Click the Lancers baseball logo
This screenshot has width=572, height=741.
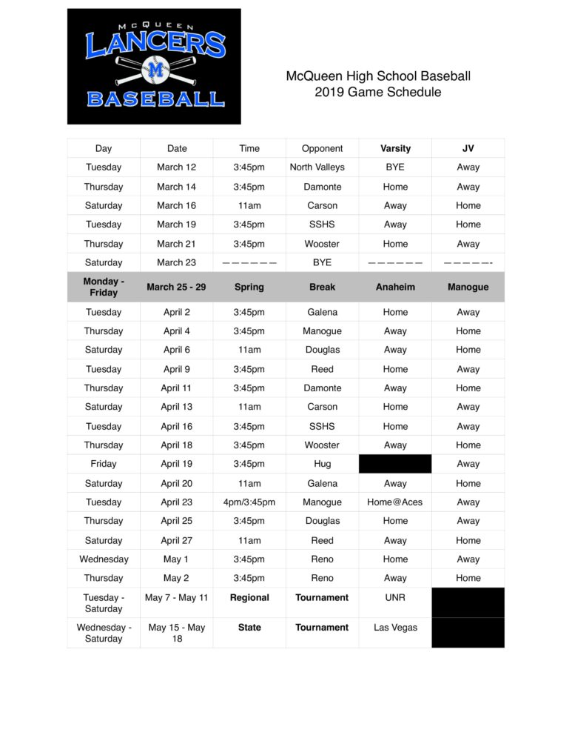click(154, 67)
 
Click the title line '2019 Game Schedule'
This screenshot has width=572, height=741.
click(377, 93)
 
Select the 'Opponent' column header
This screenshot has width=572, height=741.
click(322, 148)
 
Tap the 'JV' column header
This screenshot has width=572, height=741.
click(468, 148)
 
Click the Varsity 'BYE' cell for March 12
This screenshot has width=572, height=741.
click(395, 167)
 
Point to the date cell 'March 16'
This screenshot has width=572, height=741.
click(176, 205)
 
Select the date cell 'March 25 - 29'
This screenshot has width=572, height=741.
click(176, 287)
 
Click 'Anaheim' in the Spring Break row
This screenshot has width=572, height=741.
click(395, 287)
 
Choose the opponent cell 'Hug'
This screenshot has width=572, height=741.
click(322, 464)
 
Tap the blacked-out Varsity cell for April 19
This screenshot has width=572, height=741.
click(395, 464)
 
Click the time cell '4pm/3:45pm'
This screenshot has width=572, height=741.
click(249, 502)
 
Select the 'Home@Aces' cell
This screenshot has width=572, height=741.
click(395, 502)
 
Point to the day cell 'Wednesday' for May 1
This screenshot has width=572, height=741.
click(104, 559)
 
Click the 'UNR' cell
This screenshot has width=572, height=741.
click(395, 597)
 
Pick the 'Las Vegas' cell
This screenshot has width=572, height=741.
click(395, 628)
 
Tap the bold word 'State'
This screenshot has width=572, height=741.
click(249, 628)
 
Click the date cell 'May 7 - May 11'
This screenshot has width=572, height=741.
click(176, 597)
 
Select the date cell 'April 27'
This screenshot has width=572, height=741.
click(176, 541)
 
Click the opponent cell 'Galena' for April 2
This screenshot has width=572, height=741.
click(322, 312)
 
